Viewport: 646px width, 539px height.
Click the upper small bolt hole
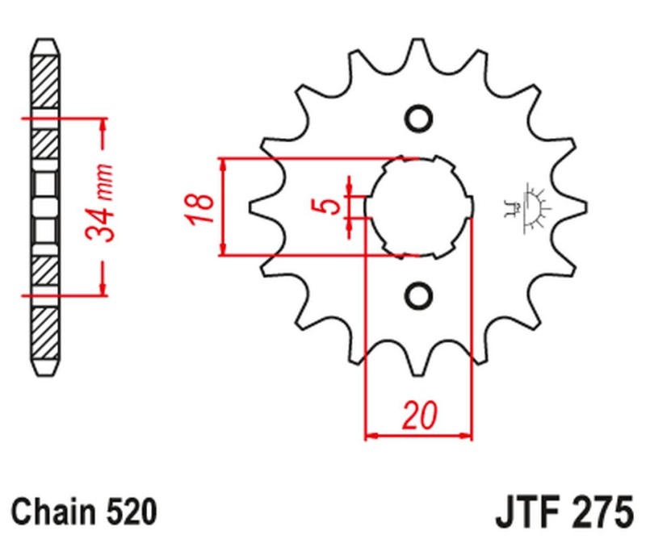coord(418,119)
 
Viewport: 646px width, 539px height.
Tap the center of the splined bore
coord(418,207)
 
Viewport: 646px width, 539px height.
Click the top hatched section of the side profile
coord(46,81)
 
